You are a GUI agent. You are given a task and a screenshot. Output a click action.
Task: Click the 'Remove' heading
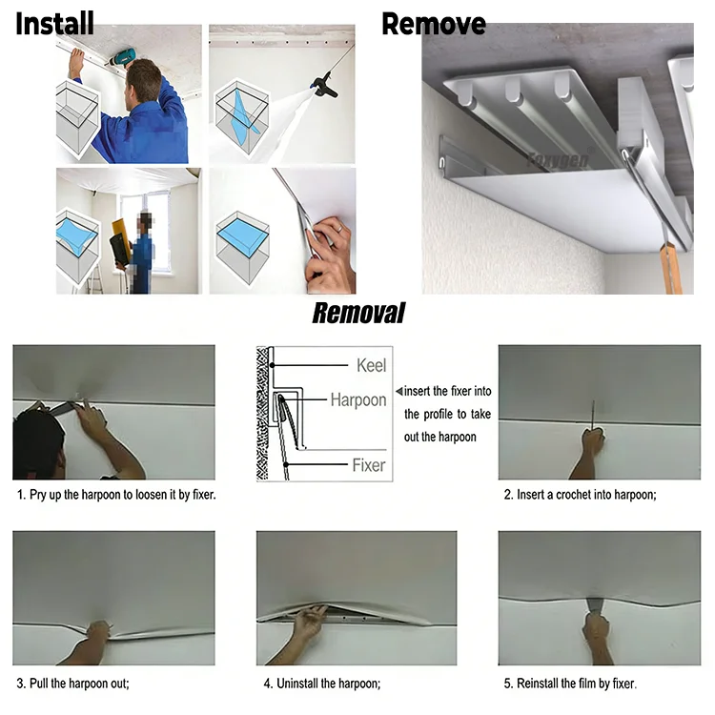tap(433, 23)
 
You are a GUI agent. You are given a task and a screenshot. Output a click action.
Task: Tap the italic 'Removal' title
tap(358, 313)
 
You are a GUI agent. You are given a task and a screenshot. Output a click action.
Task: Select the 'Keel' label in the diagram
tap(371, 365)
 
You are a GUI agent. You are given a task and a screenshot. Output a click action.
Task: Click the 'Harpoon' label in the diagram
tap(357, 399)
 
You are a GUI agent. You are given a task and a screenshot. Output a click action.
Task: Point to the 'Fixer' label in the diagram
tap(369, 465)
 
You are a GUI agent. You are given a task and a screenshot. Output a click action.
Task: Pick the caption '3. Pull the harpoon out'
tap(73, 683)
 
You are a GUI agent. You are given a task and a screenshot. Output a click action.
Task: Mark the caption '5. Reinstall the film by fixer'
tap(570, 683)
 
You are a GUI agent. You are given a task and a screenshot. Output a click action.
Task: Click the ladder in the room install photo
tap(95, 277)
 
